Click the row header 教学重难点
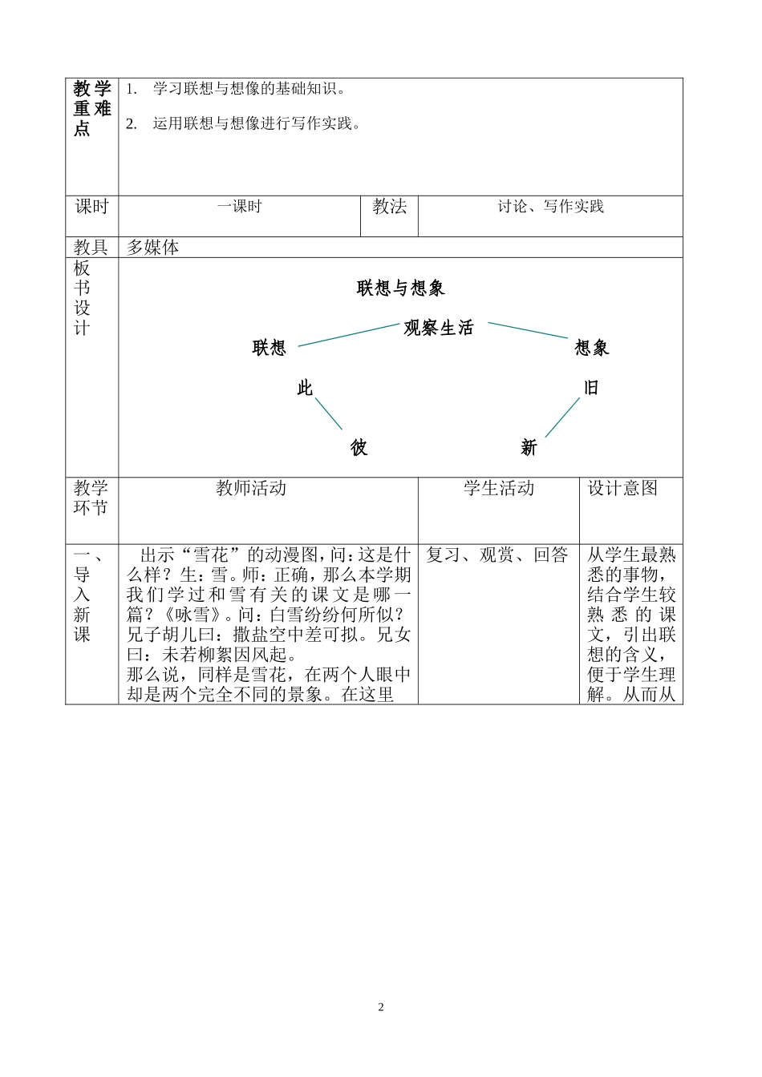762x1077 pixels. (x=91, y=108)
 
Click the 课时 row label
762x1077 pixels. (x=91, y=207)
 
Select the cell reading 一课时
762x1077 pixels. (x=239, y=207)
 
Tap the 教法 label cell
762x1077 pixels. (x=389, y=207)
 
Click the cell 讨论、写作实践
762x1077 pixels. (x=550, y=207)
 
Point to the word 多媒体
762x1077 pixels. (x=152, y=248)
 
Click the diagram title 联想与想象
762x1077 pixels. (x=400, y=288)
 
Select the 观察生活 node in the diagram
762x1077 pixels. (x=439, y=328)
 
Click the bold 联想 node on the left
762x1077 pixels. (x=269, y=348)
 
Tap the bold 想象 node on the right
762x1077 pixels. (x=592, y=348)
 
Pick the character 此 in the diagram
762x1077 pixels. (x=305, y=389)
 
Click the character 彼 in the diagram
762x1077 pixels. (x=359, y=448)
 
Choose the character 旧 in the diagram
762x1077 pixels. (x=591, y=388)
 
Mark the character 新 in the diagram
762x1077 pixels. (x=528, y=448)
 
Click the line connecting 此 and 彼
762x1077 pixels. (x=328, y=413)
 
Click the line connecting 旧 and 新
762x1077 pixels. (x=561, y=417)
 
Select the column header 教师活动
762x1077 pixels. (x=251, y=488)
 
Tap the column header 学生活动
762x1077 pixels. (x=498, y=488)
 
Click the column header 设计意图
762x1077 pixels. (x=622, y=488)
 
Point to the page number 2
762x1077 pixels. (x=381, y=1007)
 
